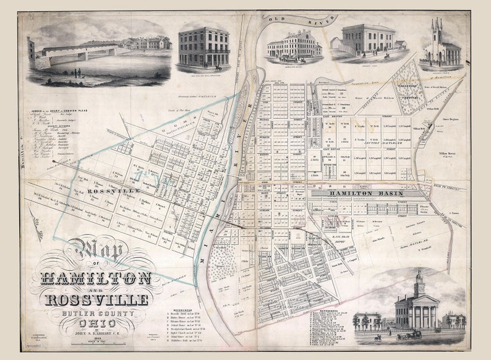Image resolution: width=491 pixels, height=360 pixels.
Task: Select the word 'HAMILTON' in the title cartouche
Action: click(96, 276)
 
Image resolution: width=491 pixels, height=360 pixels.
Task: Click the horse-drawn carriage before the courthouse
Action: click(409, 335)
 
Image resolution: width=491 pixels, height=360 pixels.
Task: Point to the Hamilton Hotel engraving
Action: click(289, 46)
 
